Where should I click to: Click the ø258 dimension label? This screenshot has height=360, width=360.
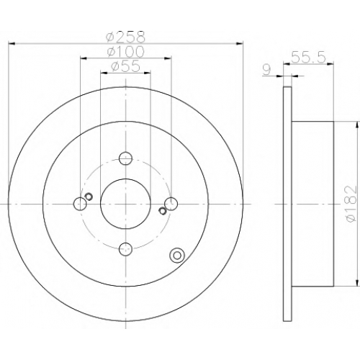pos(126,37)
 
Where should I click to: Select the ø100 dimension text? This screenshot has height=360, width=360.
pos(126,51)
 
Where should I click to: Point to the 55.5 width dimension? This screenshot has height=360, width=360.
pos(308,58)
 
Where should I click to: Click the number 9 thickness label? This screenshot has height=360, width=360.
pos(267,70)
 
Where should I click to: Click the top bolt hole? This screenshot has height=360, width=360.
pos(125,158)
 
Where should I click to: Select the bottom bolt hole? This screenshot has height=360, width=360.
pos(125,249)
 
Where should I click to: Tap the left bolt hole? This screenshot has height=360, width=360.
pos(80,204)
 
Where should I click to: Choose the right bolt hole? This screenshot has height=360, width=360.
pos(171,204)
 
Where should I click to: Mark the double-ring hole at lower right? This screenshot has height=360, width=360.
pos(177,256)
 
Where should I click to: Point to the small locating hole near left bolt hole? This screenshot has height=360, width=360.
pos(89,197)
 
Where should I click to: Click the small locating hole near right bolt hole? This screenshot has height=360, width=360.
pos(163,211)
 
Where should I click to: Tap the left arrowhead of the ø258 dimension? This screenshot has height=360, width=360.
pos(12,43)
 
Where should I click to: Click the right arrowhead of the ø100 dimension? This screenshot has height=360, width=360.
pos(168,58)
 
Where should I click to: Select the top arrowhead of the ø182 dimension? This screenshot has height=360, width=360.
pos(356,125)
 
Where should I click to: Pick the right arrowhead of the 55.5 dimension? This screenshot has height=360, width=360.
pos(330,64)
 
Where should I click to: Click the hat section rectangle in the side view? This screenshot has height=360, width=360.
pos(313,204)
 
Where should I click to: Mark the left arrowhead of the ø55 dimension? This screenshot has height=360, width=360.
pos(104,72)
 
